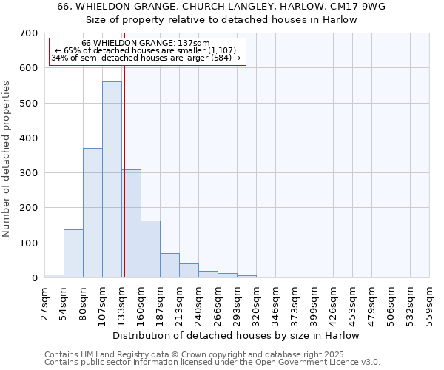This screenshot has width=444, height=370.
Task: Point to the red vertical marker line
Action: tap(124, 148)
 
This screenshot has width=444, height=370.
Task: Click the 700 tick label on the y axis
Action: tap(29, 33)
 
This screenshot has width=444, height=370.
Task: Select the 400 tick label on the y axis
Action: tap(29, 138)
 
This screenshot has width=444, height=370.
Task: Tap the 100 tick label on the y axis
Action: tap(29, 243)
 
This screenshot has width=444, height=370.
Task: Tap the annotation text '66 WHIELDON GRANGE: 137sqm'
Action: tap(146, 43)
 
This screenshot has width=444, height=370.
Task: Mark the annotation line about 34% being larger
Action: tap(146, 58)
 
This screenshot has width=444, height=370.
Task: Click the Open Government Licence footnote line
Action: tap(212, 363)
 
